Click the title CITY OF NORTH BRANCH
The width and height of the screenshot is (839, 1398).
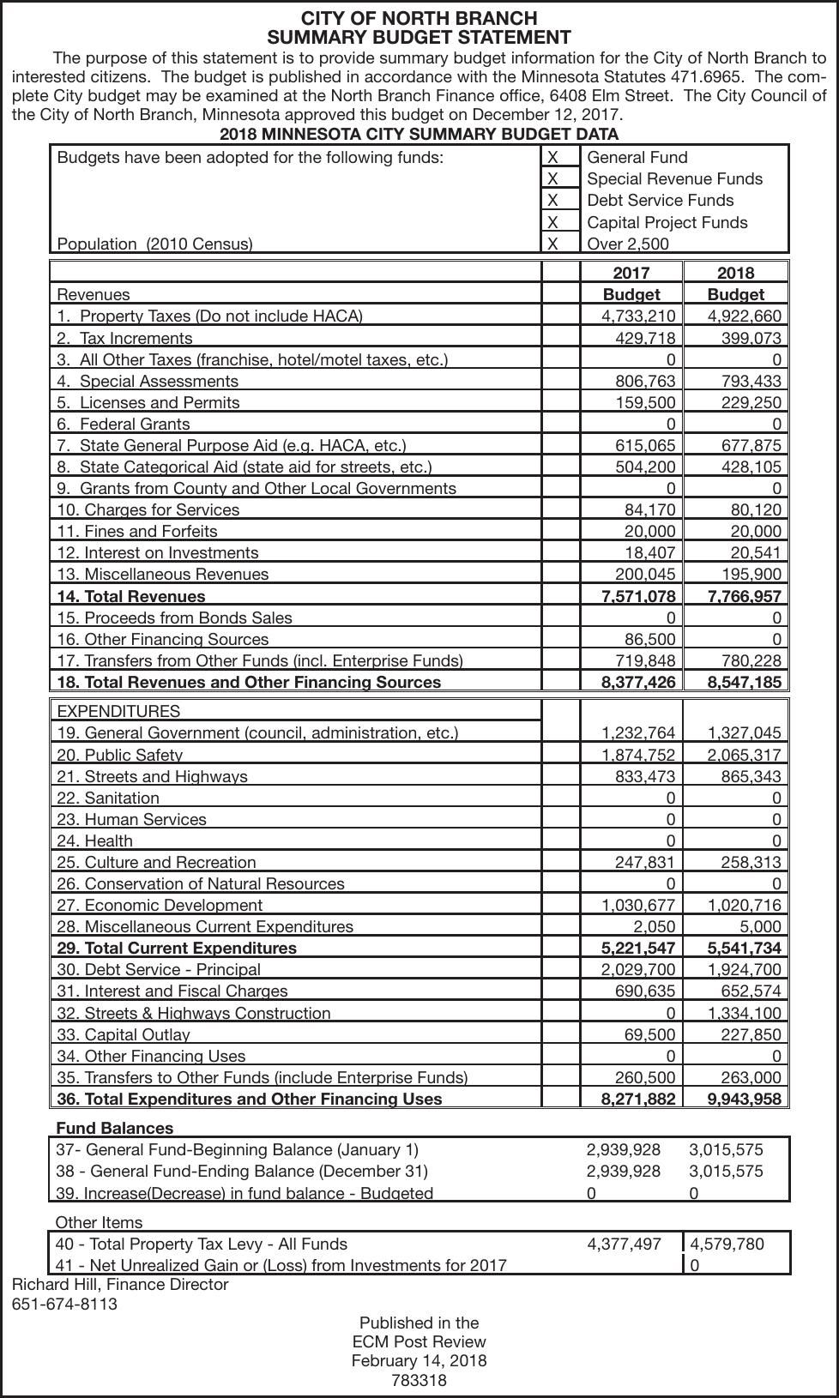[419, 18]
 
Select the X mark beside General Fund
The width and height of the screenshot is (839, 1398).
[552, 157]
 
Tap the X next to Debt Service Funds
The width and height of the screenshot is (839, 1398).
[552, 200]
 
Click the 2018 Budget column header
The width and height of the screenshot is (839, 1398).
[735, 283]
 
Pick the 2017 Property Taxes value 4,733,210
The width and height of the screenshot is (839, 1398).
[638, 316]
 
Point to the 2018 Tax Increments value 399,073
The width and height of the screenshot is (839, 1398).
[751, 338]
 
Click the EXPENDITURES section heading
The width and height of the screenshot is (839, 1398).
[118, 711]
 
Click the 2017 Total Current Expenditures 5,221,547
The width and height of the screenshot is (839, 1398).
[638, 948]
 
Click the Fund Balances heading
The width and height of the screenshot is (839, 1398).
[114, 1128]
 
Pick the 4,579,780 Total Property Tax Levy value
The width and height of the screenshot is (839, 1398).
[727, 1244]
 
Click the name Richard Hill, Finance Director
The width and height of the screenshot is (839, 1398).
[120, 1284]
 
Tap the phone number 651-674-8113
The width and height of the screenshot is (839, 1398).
[64, 1304]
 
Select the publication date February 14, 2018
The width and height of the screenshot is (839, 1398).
[419, 1360]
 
